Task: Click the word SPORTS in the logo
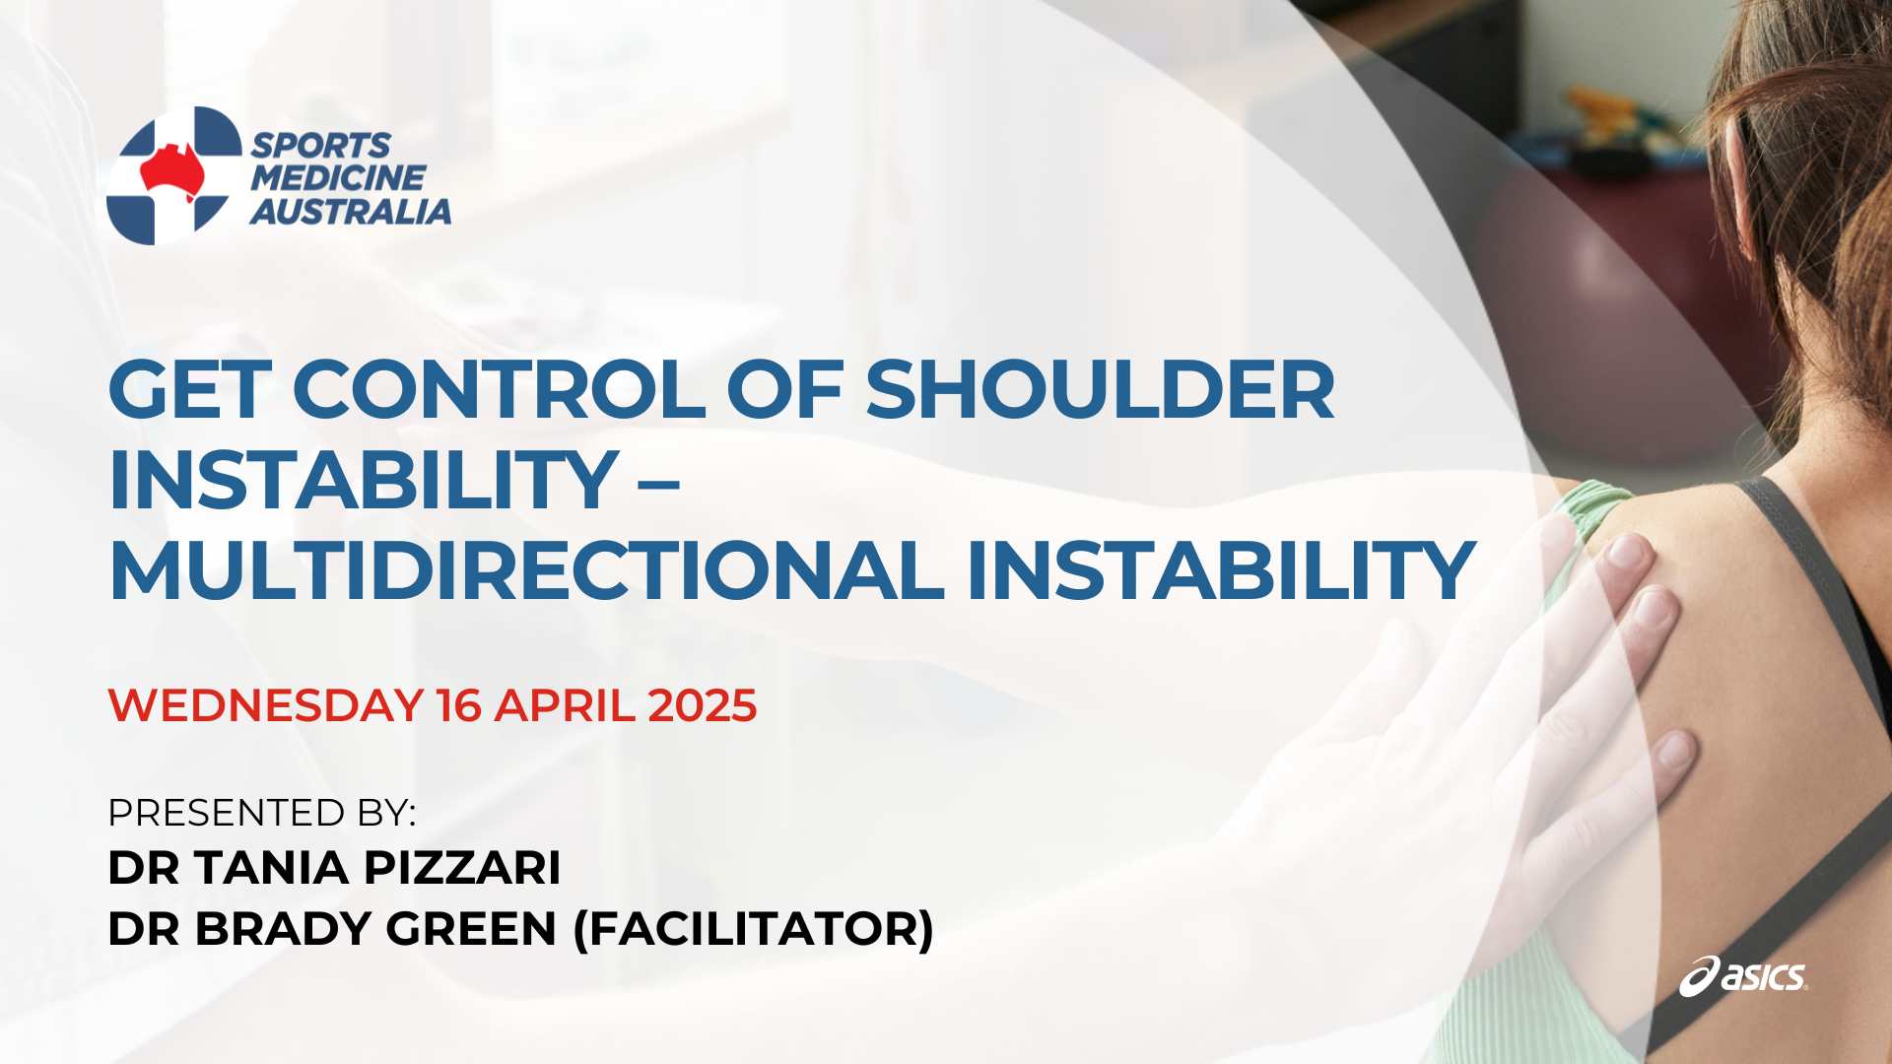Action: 320,146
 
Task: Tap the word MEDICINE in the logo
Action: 338,178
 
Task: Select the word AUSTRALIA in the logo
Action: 351,211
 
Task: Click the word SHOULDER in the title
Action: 1100,389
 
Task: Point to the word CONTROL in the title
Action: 499,389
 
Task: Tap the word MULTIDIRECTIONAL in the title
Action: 527,570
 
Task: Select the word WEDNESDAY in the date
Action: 265,705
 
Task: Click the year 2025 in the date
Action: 703,705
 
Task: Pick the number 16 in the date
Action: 459,705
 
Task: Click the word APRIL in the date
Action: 565,705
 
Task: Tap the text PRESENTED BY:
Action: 262,813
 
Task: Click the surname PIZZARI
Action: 462,868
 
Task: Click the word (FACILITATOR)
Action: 754,929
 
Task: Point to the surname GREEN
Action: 471,929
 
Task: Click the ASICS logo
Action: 1743,976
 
